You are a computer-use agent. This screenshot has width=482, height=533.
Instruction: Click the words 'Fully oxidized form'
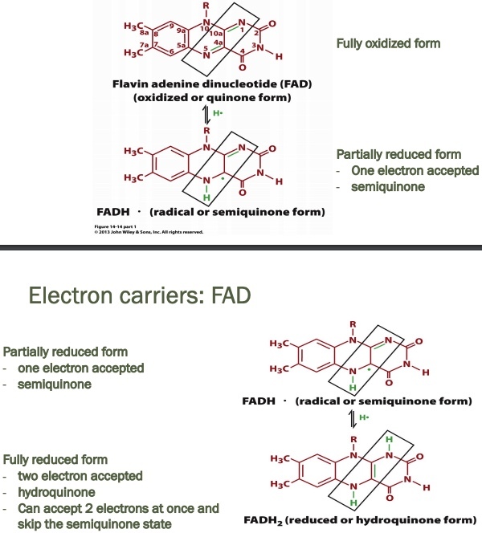tap(388, 43)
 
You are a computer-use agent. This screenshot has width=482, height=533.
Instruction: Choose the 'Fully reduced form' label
tap(55, 460)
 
